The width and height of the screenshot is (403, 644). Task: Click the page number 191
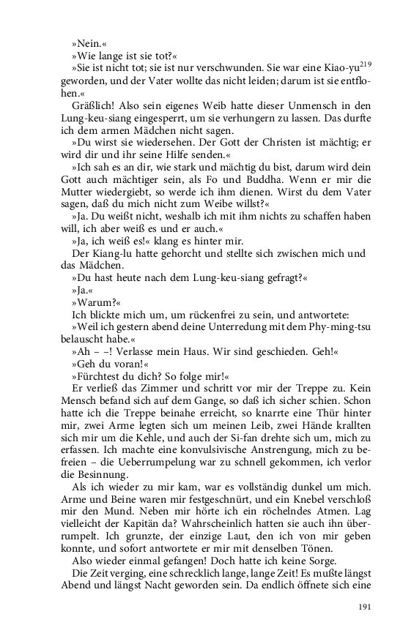(x=366, y=607)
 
